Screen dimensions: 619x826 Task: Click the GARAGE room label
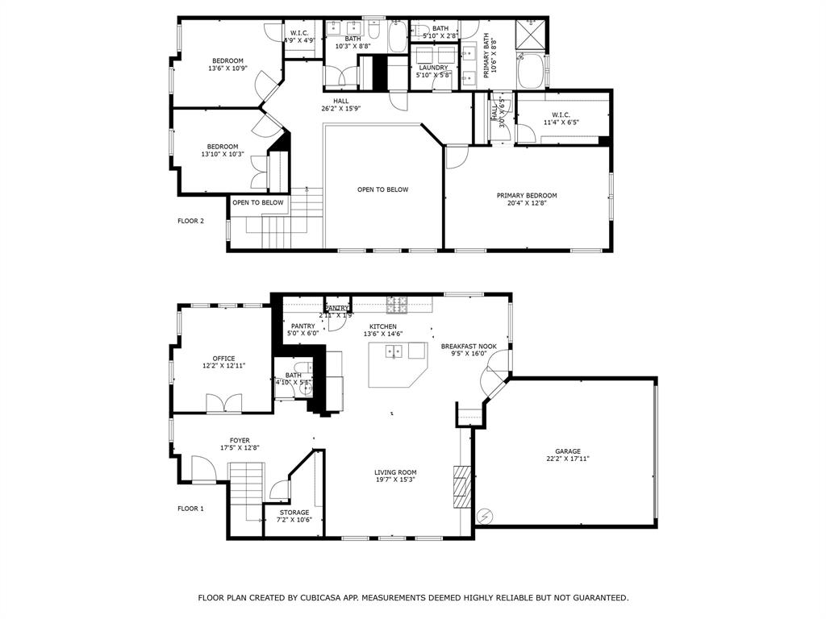click(x=567, y=451)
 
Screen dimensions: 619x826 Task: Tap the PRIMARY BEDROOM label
click(x=527, y=196)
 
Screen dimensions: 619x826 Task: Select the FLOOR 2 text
click(x=190, y=220)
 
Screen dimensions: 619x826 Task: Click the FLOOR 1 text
click(x=190, y=509)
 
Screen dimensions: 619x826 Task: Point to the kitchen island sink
click(x=394, y=351)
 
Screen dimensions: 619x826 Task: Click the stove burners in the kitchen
click(x=396, y=305)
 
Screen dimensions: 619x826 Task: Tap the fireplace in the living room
click(x=461, y=486)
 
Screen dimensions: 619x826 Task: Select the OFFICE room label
click(x=223, y=359)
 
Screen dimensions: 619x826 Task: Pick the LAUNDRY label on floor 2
click(x=433, y=68)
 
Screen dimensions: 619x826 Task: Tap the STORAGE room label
click(x=294, y=513)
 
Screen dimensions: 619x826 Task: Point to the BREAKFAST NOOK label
click(x=469, y=347)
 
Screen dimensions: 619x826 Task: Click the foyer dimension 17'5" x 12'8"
click(x=240, y=447)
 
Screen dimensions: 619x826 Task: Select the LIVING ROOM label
click(x=395, y=472)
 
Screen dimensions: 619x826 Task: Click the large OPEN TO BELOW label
click(x=383, y=189)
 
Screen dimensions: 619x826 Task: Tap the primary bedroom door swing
click(x=457, y=157)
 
